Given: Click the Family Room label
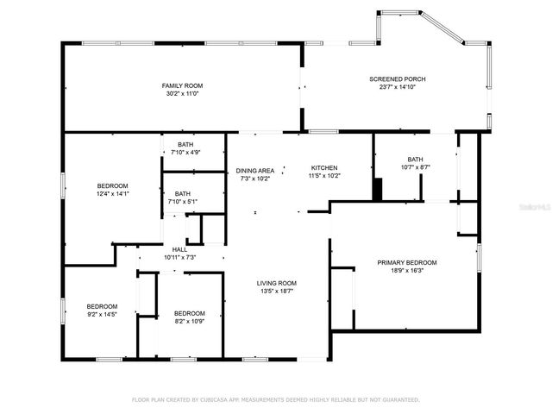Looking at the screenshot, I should coord(181,85).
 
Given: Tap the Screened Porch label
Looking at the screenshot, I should coord(398,78).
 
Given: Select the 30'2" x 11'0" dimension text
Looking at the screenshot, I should coord(181,93).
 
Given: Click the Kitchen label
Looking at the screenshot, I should coord(324,167).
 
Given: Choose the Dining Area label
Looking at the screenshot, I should coord(254,171).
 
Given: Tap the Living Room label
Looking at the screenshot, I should coord(276,283).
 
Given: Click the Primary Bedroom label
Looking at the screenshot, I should coord(407,262).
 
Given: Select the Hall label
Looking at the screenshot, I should coord(180,249).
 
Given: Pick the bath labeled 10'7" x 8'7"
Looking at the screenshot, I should coord(416,159).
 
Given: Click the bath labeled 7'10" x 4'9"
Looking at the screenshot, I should coord(185,144).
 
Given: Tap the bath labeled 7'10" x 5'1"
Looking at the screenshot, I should coord(183,194).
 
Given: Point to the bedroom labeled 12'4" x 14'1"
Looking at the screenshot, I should coord(112,186).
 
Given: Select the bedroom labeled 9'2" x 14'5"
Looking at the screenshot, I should coord(102,306).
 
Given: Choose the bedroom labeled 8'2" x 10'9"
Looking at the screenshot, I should coord(189,313).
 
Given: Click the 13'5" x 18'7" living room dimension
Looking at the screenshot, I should coord(276,292).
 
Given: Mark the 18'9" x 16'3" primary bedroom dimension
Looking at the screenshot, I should coord(407,270).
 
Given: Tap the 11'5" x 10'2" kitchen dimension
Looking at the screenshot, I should coord(324,176).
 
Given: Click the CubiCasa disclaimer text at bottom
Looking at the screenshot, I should coord(275,399).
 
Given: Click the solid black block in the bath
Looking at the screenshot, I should coord(377,189).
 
